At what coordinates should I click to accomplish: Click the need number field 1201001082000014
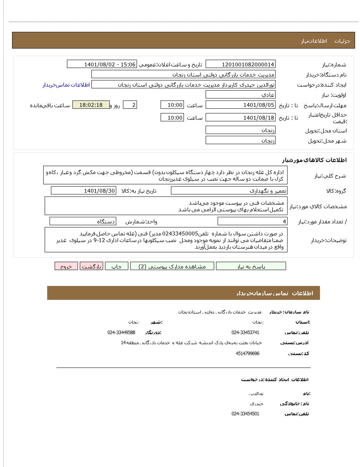(x=240, y=64)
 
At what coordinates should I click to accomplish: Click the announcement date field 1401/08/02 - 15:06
(x=102, y=64)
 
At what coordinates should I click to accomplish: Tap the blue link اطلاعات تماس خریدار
(x=66, y=85)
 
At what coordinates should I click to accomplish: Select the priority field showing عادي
(x=240, y=95)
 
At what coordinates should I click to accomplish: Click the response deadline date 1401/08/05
(x=240, y=105)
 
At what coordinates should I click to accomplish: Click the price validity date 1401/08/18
(x=240, y=117)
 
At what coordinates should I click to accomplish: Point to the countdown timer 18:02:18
(x=91, y=105)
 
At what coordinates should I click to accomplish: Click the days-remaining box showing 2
(x=130, y=105)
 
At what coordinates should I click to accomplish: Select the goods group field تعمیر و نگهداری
(x=229, y=190)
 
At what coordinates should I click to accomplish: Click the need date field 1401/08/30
(x=83, y=190)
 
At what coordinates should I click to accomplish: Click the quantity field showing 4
(x=252, y=221)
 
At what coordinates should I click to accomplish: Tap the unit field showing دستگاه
(x=83, y=221)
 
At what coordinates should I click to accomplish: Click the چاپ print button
(x=116, y=266)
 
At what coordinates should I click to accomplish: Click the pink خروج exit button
(x=66, y=266)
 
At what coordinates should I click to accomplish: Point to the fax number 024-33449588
(x=121, y=333)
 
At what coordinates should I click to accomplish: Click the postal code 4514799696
(x=247, y=354)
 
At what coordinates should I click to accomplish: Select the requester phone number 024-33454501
(x=245, y=414)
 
